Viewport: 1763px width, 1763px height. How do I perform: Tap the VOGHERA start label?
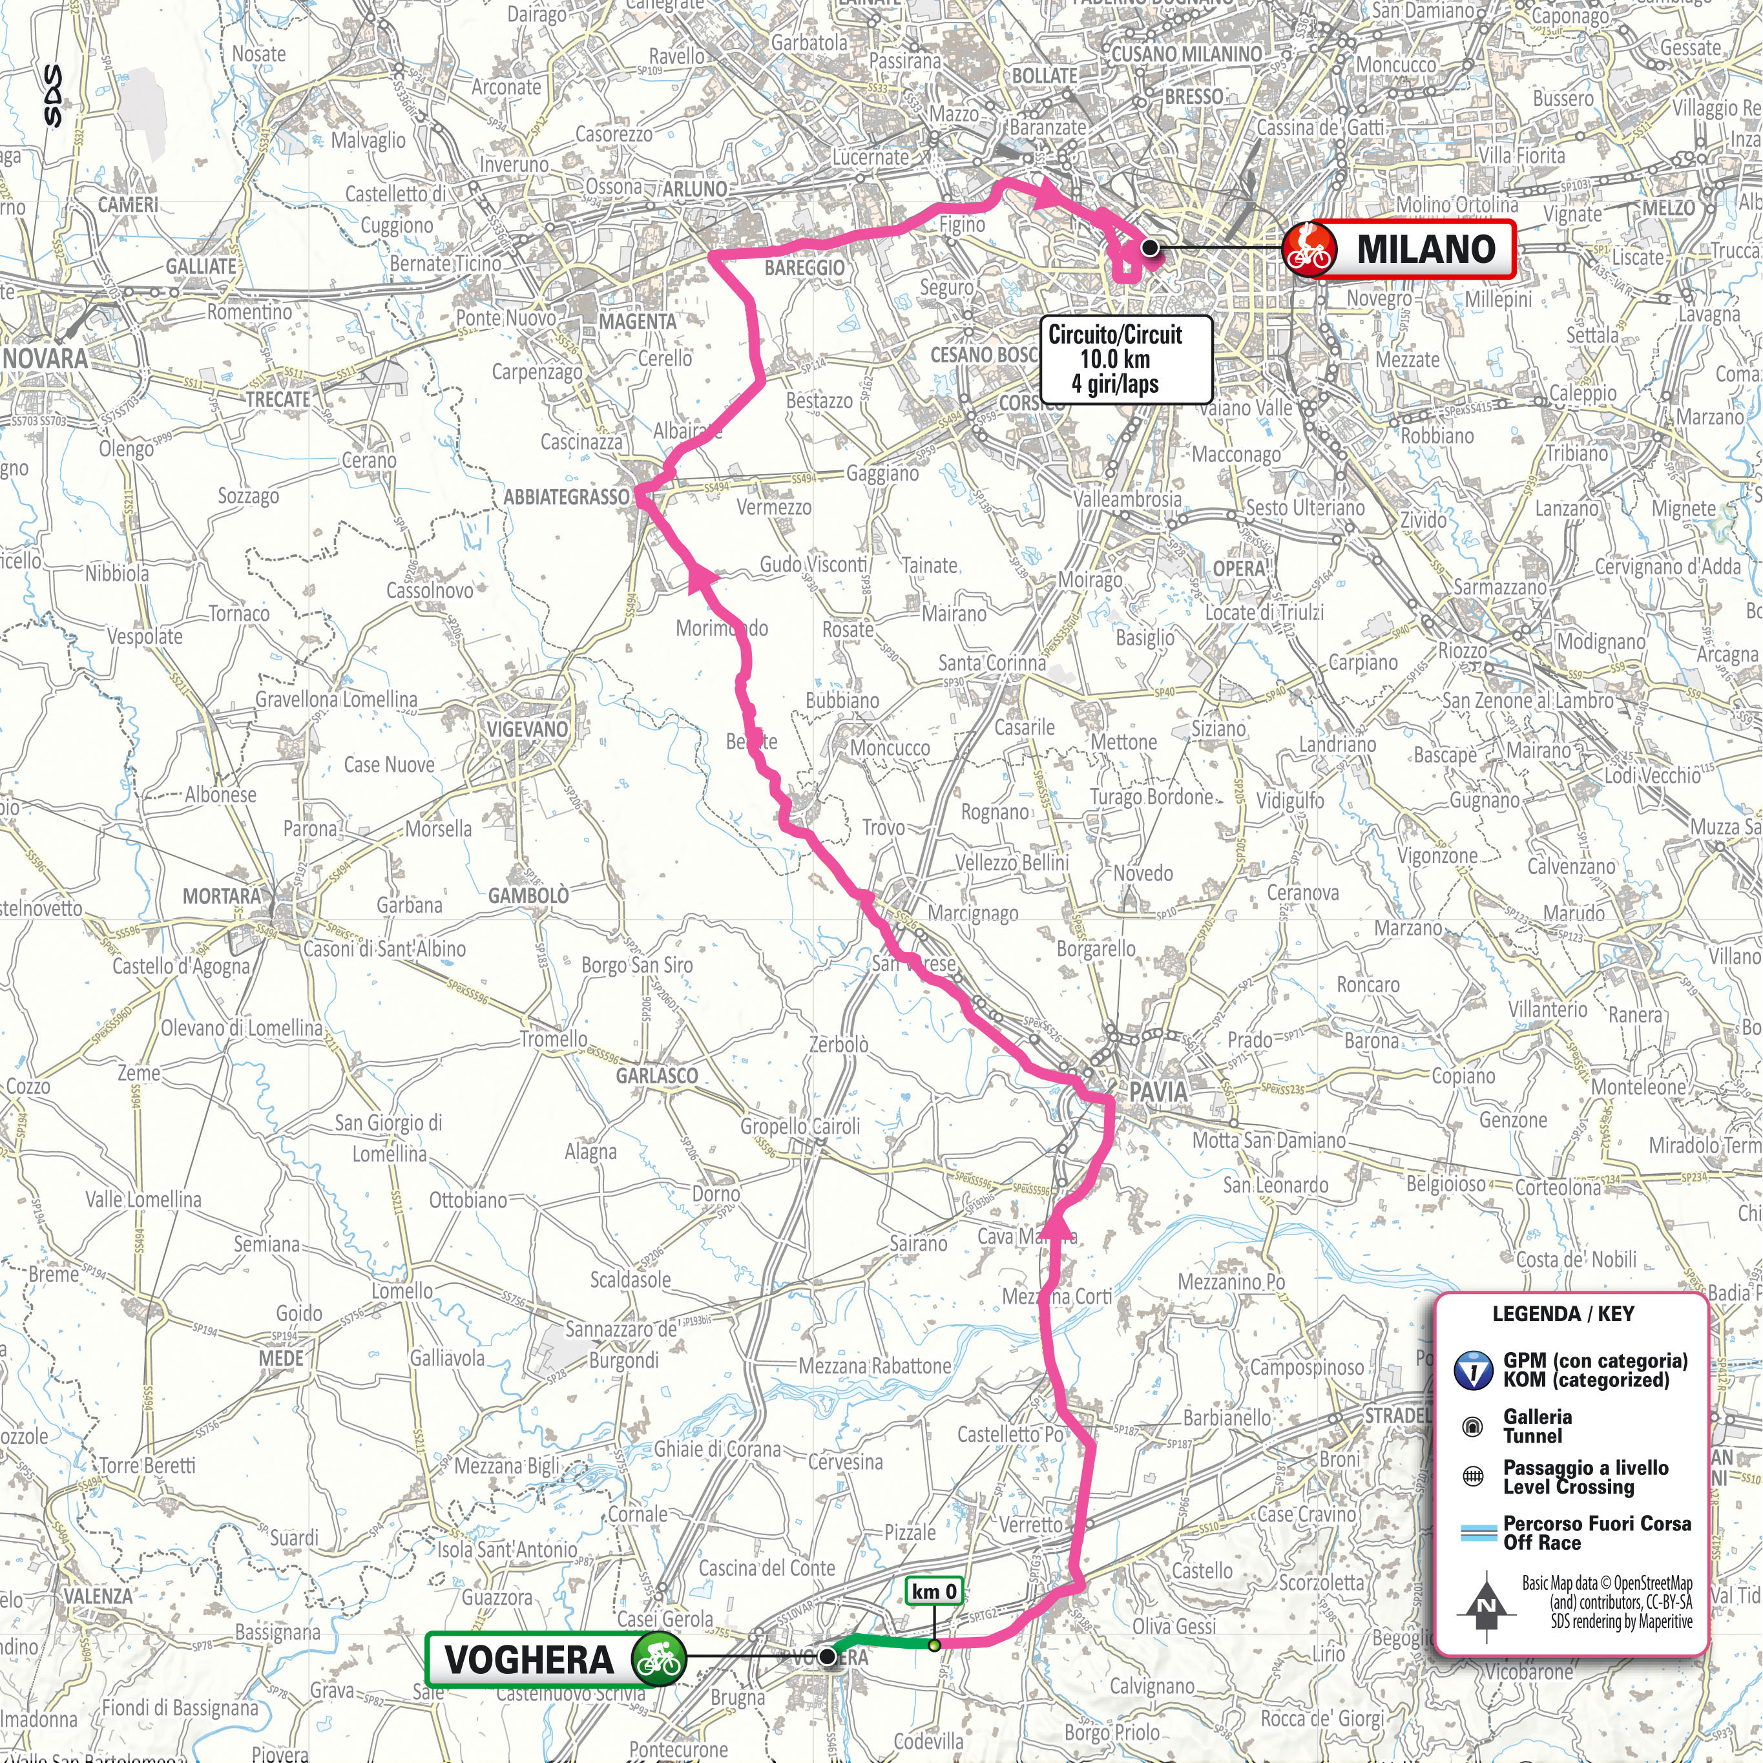(528, 1659)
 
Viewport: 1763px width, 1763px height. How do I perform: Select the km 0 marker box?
(934, 1591)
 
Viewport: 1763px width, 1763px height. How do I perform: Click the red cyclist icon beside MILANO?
(1309, 249)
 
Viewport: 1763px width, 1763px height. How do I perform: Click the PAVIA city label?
(1158, 1091)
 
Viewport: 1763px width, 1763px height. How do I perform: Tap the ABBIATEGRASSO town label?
(567, 497)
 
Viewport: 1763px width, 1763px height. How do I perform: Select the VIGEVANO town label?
(527, 729)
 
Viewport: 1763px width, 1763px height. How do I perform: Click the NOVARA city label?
(46, 358)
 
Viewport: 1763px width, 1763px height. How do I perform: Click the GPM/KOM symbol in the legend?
(1472, 1371)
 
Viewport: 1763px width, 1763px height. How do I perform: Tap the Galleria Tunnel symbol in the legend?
(1472, 1426)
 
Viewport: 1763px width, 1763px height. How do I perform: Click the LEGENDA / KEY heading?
(1561, 1314)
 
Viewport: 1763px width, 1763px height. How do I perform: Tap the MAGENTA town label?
(638, 321)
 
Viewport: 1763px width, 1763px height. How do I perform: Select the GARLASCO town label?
(656, 1076)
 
